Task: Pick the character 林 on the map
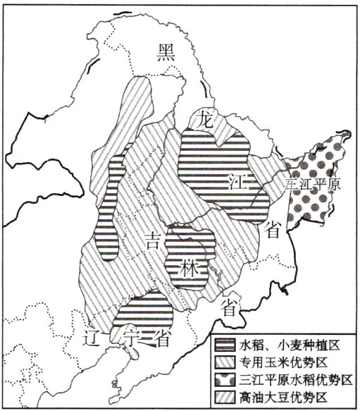[187, 269]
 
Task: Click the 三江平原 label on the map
[313, 185]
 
